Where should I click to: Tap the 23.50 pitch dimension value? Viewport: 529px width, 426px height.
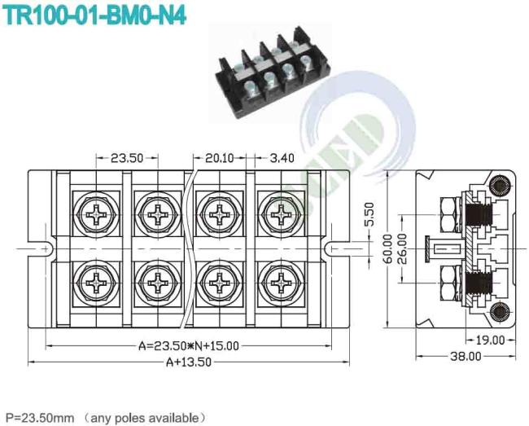(127, 158)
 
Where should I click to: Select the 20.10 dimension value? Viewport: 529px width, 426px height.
(219, 158)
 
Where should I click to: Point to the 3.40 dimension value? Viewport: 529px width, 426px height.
(282, 158)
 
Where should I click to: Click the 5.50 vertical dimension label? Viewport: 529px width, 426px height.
(369, 214)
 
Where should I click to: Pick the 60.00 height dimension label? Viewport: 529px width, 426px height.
(388, 249)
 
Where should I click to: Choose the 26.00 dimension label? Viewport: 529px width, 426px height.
(402, 249)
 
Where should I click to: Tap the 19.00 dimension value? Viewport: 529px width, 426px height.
(490, 340)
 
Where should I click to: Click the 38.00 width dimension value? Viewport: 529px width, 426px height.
(466, 356)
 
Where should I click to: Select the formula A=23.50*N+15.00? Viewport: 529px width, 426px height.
(189, 346)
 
